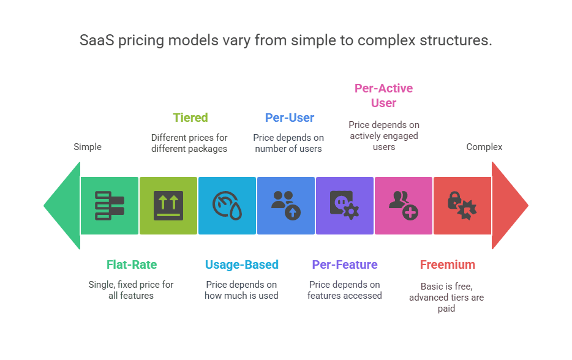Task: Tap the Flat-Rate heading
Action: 132,264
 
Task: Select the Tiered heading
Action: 190,118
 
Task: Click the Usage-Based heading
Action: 241,264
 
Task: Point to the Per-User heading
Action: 289,118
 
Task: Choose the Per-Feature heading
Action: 344,264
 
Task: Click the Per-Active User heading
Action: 383,96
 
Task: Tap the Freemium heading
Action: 447,264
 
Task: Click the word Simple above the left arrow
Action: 88,147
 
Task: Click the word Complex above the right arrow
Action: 484,147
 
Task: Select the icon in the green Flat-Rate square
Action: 110,206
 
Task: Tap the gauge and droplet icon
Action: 227,206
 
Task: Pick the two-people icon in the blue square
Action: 286,205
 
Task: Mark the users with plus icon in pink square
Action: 403,206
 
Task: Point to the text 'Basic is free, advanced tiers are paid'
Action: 446,297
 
